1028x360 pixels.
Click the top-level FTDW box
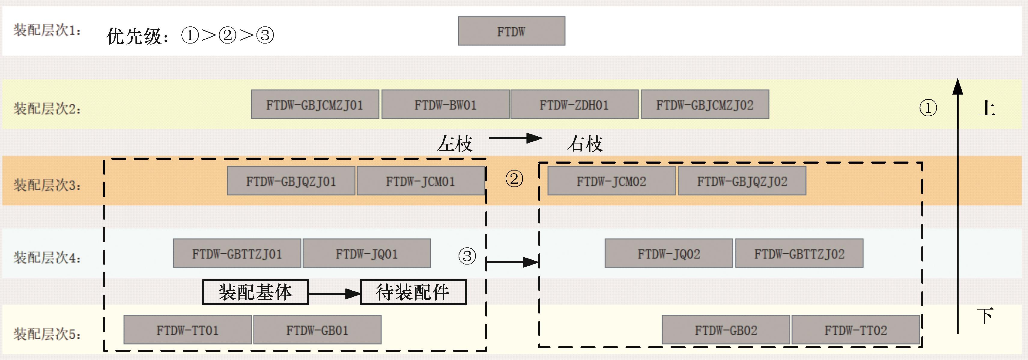click(x=511, y=31)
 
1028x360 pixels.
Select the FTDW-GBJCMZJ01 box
click(x=315, y=104)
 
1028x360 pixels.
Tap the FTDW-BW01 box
click(x=445, y=104)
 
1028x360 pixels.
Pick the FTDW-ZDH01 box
click(x=574, y=104)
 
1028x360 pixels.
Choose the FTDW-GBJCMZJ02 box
click(x=705, y=104)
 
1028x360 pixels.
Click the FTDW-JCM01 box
click(x=421, y=181)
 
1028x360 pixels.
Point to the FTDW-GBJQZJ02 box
click(x=742, y=181)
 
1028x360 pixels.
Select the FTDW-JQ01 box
click(x=367, y=253)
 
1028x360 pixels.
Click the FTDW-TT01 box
click(x=188, y=330)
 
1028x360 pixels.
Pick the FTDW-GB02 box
click(x=726, y=330)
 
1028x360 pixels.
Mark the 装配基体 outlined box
click(x=255, y=292)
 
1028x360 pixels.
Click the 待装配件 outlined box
click(x=413, y=292)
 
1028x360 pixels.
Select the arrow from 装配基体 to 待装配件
click(x=335, y=294)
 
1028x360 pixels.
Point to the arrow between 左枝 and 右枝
click(x=516, y=138)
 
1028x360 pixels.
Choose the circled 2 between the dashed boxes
click(x=514, y=178)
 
